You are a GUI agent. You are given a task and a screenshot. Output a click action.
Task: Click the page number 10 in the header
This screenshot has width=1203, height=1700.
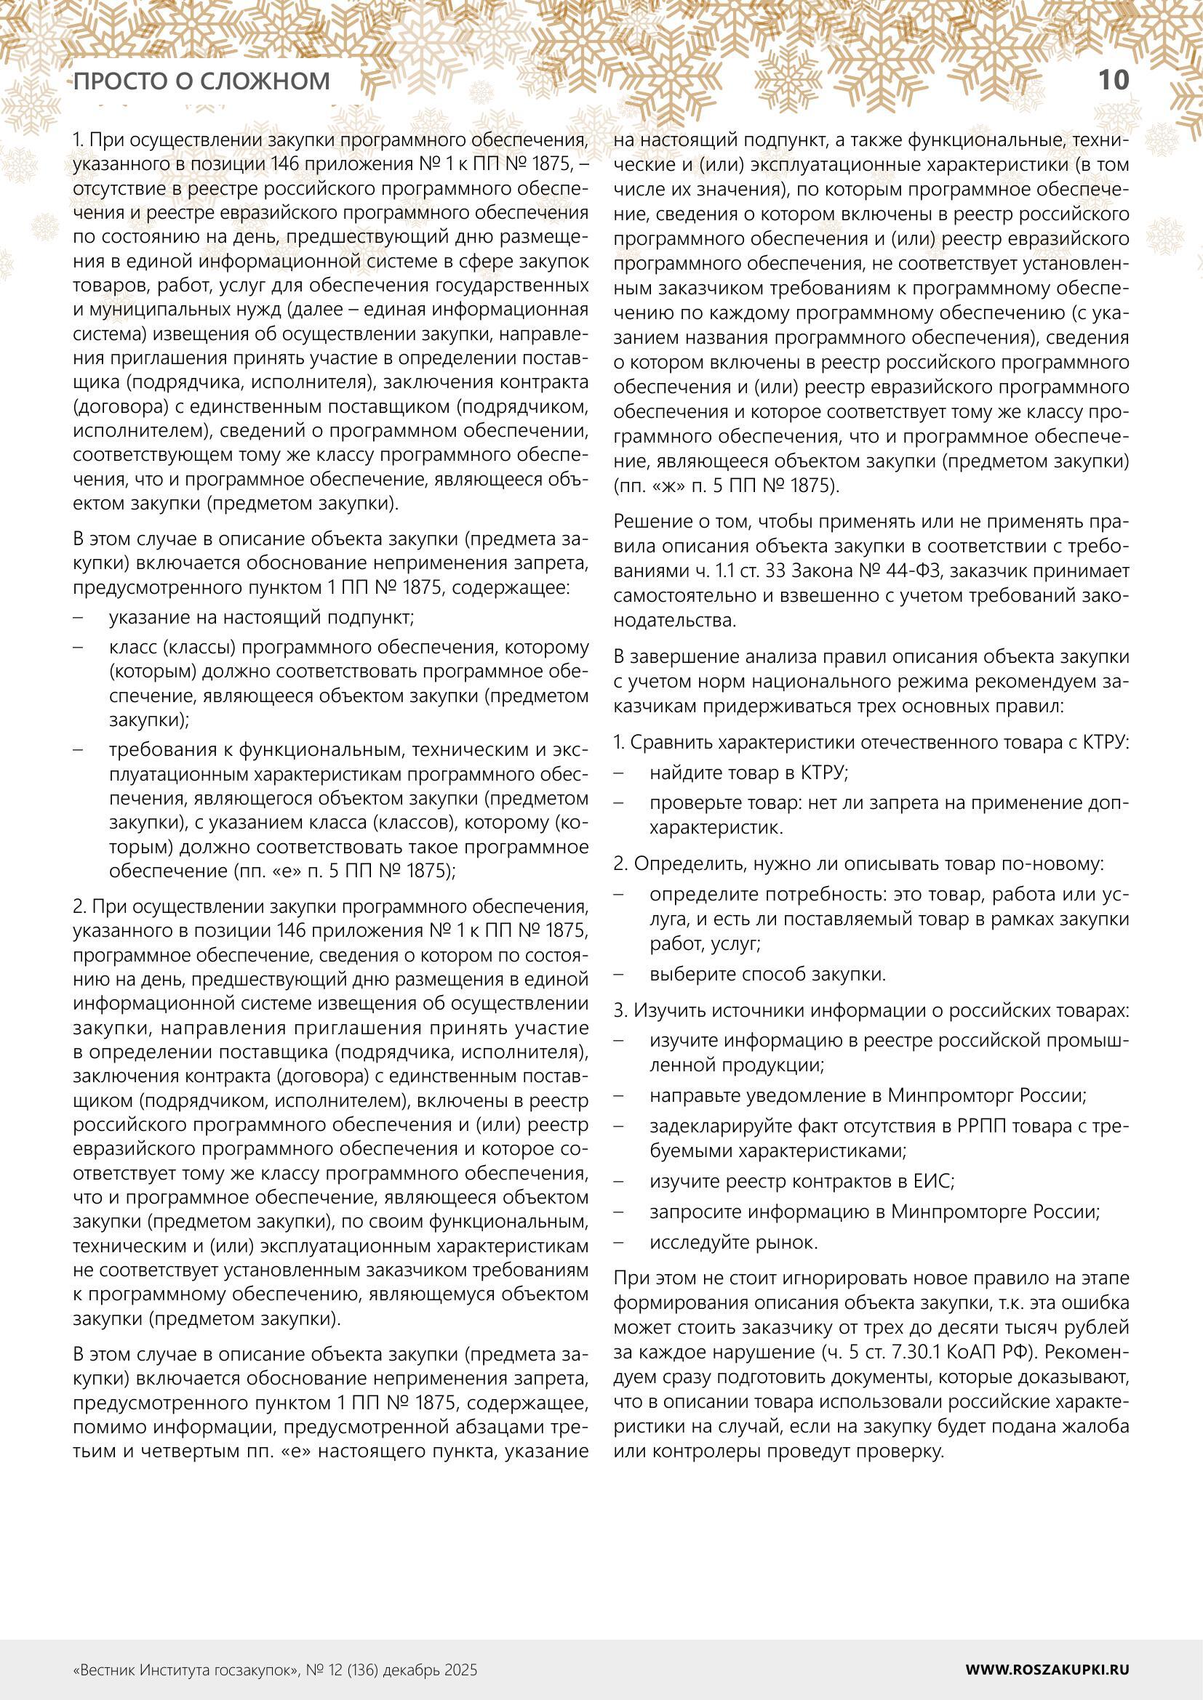click(x=1113, y=79)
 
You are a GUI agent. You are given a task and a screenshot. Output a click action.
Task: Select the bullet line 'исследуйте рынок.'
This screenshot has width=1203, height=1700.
click(x=733, y=1242)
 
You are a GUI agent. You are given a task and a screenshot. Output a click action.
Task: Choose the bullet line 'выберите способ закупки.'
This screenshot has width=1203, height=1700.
click(x=767, y=975)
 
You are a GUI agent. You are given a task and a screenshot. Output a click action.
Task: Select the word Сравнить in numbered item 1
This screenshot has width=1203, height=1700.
click(x=672, y=743)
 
